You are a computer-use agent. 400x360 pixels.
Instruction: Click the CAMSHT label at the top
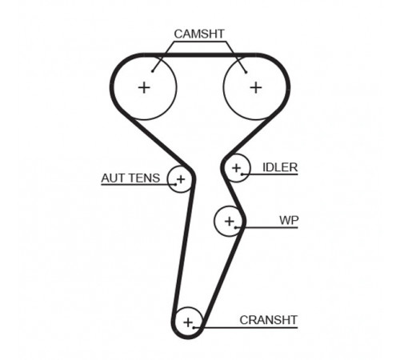pos(199,34)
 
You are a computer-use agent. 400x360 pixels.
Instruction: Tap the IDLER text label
pos(280,167)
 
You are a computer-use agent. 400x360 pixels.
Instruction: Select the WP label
pos(289,220)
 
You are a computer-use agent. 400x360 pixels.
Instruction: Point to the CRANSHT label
pos(268,320)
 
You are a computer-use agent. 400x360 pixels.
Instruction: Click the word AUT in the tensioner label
pos(111,178)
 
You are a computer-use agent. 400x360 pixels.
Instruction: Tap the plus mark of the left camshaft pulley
pos(144,88)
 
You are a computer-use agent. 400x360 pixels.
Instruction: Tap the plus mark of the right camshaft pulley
pos(256,88)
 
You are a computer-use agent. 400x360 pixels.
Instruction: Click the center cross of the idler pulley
pos(236,168)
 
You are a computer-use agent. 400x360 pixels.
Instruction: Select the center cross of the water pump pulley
pos(230,221)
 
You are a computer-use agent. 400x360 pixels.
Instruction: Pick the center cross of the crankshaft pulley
pos(188,322)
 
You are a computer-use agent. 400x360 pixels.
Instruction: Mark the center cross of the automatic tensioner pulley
pos(181,179)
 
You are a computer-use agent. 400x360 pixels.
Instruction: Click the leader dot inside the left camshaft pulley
pos(152,71)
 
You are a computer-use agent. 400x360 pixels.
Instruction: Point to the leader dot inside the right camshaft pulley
pos(246,72)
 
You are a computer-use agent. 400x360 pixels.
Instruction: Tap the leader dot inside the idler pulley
pos(242,174)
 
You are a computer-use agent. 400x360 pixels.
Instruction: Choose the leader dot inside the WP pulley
pos(235,227)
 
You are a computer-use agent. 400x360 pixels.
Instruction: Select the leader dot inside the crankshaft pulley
pos(194,327)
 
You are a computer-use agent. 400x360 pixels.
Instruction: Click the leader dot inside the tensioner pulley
pos(176,184)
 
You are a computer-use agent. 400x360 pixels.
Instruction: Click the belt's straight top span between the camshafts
pos(200,55)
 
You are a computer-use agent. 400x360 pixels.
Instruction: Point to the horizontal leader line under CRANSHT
pos(246,327)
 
